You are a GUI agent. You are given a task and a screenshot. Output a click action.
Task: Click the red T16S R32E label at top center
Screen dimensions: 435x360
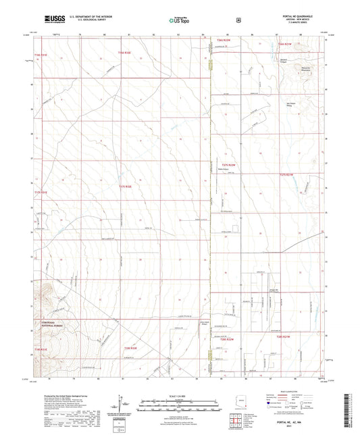tap(122, 51)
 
